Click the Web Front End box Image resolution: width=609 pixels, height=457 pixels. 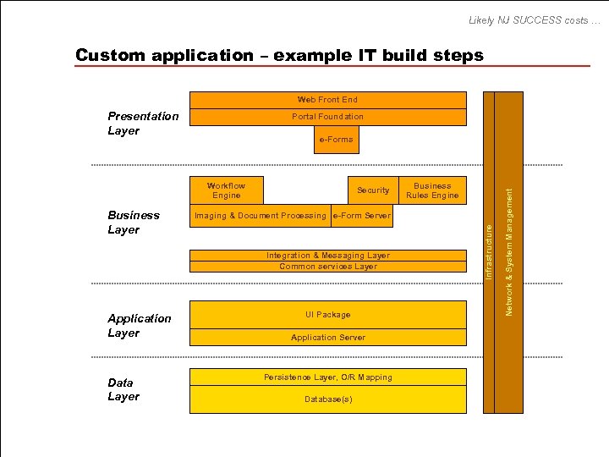327,100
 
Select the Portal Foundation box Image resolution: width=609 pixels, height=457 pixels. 327,117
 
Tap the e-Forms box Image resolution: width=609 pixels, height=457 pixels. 336,140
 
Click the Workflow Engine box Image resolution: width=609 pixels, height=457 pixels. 226,190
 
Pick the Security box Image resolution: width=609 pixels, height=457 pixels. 373,190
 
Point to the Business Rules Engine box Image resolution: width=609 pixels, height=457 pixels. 432,190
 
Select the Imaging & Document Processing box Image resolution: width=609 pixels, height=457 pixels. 260,216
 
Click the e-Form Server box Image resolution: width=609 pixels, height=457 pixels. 362,216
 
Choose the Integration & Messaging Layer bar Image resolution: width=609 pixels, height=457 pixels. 327,256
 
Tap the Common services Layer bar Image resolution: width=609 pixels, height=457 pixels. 327,267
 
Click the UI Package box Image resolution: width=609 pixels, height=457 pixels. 327,315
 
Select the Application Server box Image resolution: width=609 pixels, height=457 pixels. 327,338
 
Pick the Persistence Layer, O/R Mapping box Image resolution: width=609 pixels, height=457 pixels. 327,377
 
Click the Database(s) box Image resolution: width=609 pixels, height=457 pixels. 327,399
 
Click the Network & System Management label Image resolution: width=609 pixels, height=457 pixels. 509,252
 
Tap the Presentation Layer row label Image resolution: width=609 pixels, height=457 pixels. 143,124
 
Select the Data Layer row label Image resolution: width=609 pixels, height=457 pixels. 123,389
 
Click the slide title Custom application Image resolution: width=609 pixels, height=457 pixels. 279,55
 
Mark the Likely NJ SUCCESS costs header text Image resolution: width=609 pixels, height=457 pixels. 535,19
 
